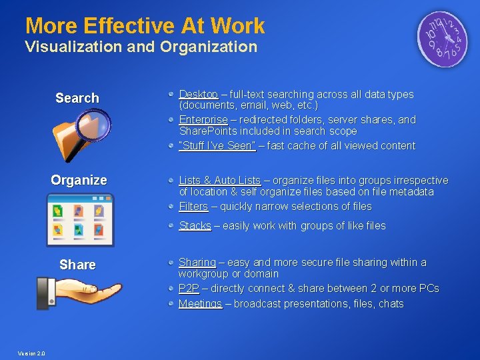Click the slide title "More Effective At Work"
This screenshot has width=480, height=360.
(145, 26)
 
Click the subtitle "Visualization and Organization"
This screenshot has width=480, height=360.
(141, 47)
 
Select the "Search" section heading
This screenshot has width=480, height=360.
(77, 98)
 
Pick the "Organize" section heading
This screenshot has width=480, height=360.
(79, 180)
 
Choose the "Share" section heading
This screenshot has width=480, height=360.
(77, 265)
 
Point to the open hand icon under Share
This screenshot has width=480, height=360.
(80, 292)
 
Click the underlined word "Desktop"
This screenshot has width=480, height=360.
(198, 95)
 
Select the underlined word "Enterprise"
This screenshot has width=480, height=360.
(203, 120)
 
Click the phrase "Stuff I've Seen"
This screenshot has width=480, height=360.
(217, 145)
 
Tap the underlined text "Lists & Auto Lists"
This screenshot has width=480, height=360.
(219, 181)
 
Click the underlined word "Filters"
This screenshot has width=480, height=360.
(193, 207)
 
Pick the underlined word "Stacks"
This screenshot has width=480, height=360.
(195, 226)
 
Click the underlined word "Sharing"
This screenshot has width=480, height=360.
(197, 263)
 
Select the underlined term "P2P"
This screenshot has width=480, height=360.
(189, 289)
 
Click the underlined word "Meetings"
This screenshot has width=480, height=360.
(200, 304)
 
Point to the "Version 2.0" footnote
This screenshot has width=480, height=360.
(32, 353)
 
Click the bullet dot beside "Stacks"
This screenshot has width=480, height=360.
(172, 225)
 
